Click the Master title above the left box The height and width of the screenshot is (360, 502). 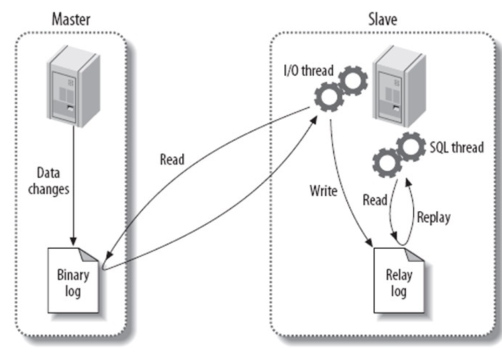71,19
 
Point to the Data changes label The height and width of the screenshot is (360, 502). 48,181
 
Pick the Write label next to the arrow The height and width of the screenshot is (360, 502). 324,191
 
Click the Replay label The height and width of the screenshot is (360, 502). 433,217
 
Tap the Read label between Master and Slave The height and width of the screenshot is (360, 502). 172,160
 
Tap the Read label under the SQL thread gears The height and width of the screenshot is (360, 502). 375,200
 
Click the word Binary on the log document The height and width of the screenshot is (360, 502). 73,274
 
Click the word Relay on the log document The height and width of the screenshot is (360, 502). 399,275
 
